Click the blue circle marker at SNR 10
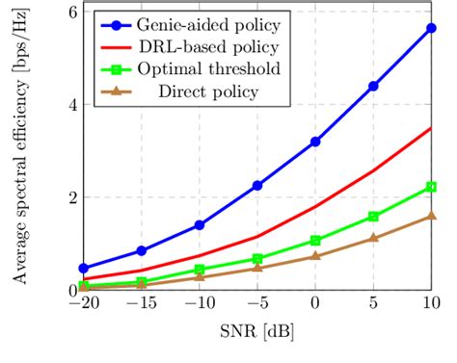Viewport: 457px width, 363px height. [431, 29]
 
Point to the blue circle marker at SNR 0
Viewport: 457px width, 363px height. [315, 142]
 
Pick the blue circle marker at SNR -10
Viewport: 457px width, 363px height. [200, 224]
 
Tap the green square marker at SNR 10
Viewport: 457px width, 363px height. [431, 187]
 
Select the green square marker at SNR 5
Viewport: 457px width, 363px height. [373, 217]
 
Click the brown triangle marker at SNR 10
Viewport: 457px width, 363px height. [431, 217]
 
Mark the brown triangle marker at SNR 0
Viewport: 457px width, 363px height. [315, 256]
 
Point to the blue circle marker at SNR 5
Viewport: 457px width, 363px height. [373, 86]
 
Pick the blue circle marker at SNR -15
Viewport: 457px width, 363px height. [142, 250]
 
